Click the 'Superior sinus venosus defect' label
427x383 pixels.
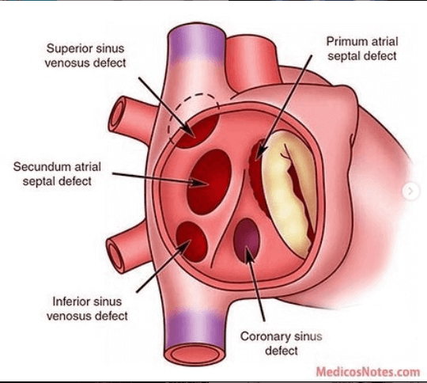[x=85, y=55]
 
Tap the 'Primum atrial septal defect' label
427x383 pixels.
[x=362, y=49]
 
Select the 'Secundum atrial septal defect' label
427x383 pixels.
[x=57, y=174]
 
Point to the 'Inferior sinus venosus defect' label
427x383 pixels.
[x=87, y=309]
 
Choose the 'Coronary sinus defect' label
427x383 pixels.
[x=282, y=343]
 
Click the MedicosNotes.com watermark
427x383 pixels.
[x=368, y=372]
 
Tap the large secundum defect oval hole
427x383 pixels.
[x=209, y=182]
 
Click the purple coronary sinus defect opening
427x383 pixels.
[x=247, y=240]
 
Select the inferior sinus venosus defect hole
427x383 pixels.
[x=191, y=241]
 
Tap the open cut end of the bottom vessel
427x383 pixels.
[x=195, y=354]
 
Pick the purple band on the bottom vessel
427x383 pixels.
[x=195, y=327]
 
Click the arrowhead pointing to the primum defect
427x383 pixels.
[x=262, y=153]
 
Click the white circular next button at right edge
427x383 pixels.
[x=411, y=191]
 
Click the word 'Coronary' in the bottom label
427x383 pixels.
[x=265, y=336]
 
